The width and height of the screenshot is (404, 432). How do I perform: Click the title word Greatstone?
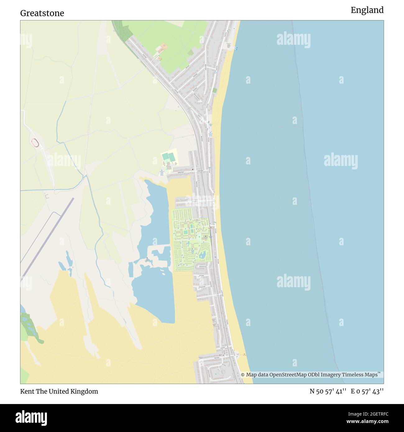click(42, 13)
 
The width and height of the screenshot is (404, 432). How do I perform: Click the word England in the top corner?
click(367, 10)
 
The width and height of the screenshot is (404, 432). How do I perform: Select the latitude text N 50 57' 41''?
click(328, 391)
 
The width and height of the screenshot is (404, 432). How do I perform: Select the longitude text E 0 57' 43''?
click(367, 391)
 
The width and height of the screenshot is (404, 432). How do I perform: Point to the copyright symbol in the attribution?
click(243, 375)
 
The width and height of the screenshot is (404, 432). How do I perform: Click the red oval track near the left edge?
click(35, 143)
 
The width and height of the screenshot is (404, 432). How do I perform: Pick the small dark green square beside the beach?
click(215, 90)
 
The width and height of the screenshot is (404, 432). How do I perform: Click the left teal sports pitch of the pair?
click(165, 156)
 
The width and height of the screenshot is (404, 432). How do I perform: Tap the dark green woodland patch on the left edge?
click(29, 326)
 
